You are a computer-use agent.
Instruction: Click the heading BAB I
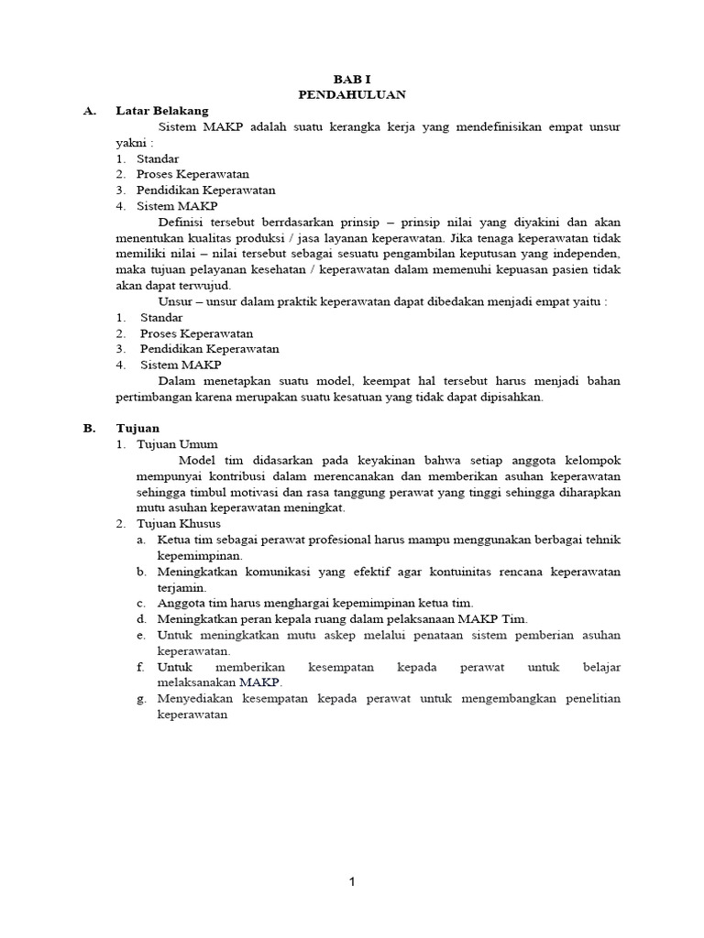click(x=352, y=79)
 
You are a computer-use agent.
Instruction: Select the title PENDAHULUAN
click(x=352, y=94)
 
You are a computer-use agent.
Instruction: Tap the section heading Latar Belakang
click(x=161, y=111)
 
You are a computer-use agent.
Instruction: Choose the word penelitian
click(x=586, y=699)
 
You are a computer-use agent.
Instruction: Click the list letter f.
click(x=140, y=667)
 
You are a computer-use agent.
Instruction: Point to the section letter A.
click(x=89, y=111)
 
